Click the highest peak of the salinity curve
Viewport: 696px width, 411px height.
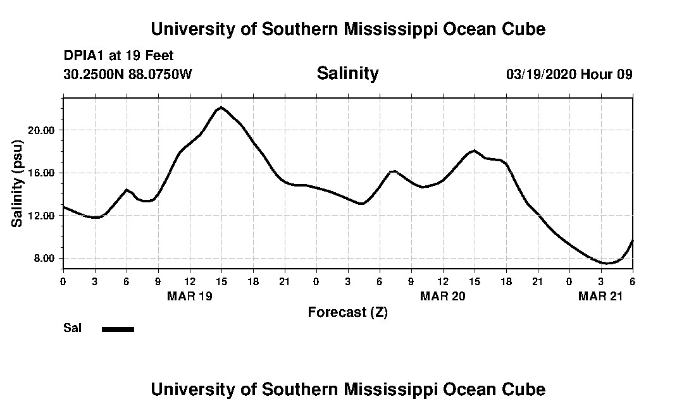(x=221, y=107)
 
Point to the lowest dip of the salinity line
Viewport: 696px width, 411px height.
(x=607, y=263)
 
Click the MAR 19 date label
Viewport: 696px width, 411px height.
(x=189, y=296)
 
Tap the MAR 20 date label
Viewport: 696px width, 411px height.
(x=442, y=296)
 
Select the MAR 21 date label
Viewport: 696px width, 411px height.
(x=600, y=296)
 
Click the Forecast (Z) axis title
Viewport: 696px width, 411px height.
(x=347, y=312)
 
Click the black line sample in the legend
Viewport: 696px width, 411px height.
(x=118, y=329)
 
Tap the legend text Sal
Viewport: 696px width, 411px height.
(x=73, y=328)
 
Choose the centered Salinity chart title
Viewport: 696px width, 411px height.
(x=347, y=73)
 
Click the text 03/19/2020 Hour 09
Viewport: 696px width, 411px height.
(x=569, y=75)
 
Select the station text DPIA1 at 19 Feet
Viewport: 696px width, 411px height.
(x=118, y=56)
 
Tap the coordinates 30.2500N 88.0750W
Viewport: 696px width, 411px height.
(x=128, y=75)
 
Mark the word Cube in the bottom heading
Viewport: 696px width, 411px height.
(x=525, y=389)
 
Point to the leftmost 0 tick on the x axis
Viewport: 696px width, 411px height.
(x=63, y=281)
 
